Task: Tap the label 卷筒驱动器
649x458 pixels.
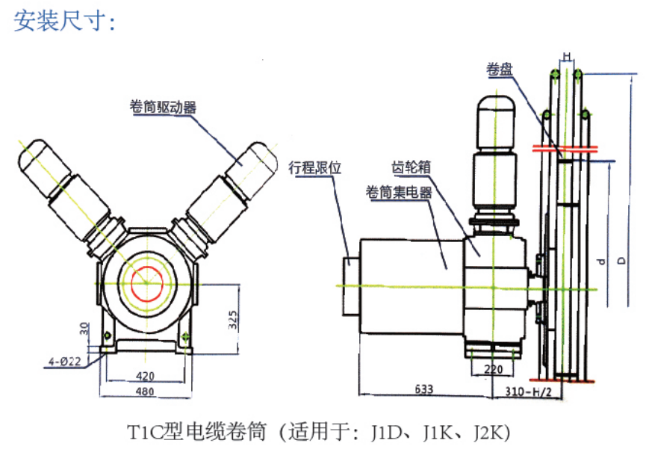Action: [163, 107]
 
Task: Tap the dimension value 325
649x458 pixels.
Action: [233, 321]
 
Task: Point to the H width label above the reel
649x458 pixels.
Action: [567, 57]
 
